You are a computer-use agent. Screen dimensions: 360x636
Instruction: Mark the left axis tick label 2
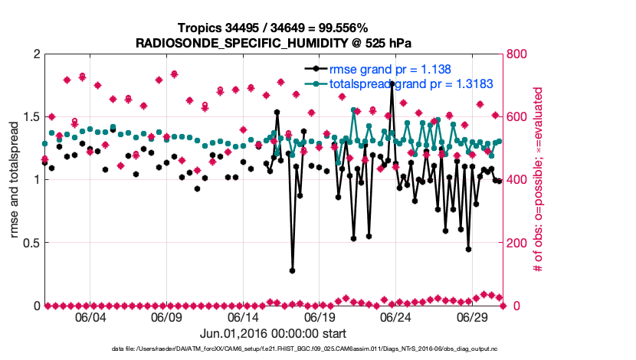pos(35,54)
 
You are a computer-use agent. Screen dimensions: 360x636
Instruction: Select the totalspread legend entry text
pos(411,83)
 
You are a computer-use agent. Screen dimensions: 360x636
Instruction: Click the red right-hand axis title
pos(538,180)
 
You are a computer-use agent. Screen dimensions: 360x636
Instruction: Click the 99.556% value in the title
pos(347,28)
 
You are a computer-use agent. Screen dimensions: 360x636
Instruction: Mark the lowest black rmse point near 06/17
pos(292,270)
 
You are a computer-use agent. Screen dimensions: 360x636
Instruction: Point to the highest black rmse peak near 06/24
pos(392,83)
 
